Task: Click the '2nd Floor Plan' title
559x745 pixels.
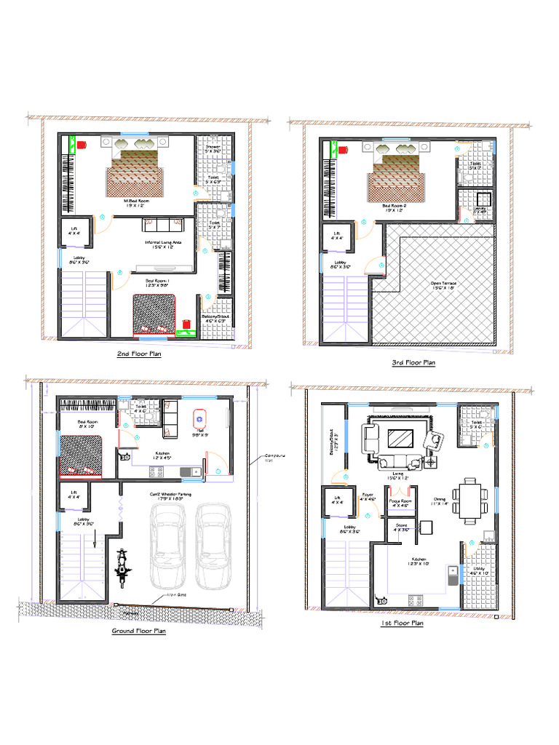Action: click(139, 354)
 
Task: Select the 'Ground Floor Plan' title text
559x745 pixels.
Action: click(138, 631)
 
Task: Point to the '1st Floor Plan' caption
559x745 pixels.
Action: click(402, 624)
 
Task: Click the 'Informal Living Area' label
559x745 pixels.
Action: click(163, 242)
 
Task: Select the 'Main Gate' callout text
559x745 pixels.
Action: click(169, 595)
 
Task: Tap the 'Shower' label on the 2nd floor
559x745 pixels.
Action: click(212, 148)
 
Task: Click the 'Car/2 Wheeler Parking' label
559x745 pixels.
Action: click(170, 495)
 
